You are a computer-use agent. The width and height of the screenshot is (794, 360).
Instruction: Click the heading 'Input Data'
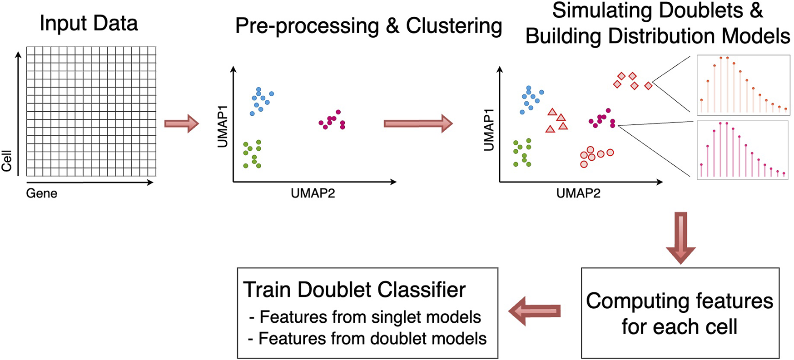pyautogui.click(x=89, y=23)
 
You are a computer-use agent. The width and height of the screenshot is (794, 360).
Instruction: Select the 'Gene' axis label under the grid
pyautogui.click(x=42, y=193)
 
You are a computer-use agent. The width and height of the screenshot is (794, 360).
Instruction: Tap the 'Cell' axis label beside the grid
pyautogui.click(x=7, y=161)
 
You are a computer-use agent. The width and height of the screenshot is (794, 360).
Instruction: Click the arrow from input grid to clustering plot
pyautogui.click(x=181, y=123)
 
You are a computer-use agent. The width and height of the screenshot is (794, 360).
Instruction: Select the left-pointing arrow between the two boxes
pyautogui.click(x=535, y=311)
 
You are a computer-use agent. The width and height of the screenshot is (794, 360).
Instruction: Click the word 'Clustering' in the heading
pyautogui.click(x=454, y=26)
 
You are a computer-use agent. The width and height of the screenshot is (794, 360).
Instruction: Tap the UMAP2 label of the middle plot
pyautogui.click(x=313, y=193)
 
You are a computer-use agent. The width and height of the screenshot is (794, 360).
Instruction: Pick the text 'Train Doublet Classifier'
pyautogui.click(x=354, y=290)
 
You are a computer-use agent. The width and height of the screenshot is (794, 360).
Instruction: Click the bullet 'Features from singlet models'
pyautogui.click(x=365, y=317)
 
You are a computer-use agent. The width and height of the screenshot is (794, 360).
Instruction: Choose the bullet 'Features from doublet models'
pyautogui.click(x=368, y=339)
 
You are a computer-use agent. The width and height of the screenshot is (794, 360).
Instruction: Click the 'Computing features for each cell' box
pyautogui.click(x=680, y=313)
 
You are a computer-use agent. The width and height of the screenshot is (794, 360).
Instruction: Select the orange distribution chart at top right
pyautogui.click(x=743, y=85)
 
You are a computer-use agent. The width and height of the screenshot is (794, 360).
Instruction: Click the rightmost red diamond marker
pyautogui.click(x=648, y=85)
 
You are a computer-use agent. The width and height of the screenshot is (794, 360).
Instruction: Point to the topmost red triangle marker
pyautogui.click(x=552, y=112)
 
